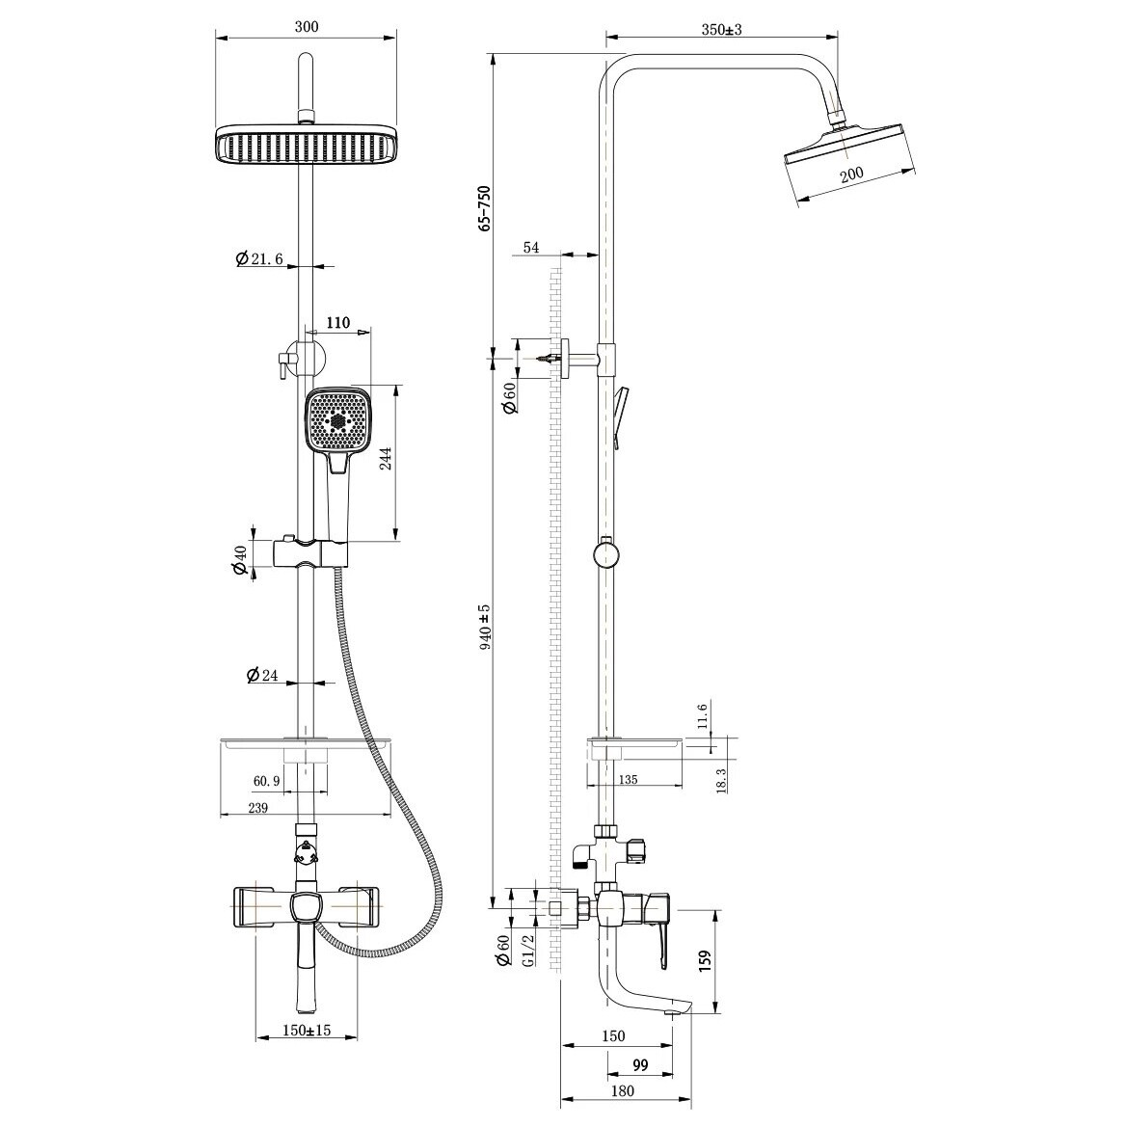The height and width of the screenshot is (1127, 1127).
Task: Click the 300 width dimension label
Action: click(307, 27)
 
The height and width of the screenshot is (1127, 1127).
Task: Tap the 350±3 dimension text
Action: click(721, 30)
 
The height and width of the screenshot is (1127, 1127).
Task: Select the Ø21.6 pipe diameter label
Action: click(259, 258)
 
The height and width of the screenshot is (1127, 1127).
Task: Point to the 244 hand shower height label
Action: click(386, 459)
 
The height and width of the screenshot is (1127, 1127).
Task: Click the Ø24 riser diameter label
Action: click(261, 675)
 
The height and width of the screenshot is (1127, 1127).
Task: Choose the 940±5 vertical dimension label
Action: click(485, 627)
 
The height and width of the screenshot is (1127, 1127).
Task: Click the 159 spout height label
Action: click(705, 961)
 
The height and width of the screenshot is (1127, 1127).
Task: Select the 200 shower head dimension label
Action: click(851, 174)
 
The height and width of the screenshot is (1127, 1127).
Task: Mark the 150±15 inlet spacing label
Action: click(307, 1030)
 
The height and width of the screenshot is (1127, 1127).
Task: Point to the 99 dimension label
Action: click(640, 1064)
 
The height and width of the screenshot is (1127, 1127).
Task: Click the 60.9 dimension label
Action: click(266, 781)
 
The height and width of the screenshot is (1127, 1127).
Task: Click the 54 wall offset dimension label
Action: click(531, 247)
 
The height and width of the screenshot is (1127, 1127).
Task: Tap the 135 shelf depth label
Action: click(628, 779)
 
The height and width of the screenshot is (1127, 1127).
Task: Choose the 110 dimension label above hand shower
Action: click(337, 322)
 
